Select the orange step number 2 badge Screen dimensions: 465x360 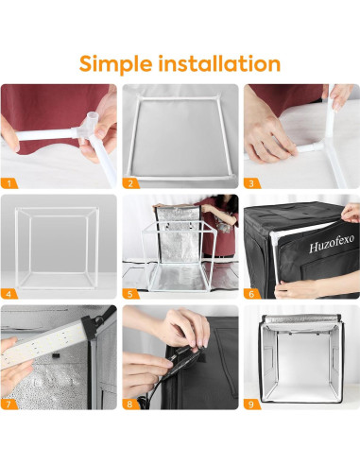(x=131, y=183)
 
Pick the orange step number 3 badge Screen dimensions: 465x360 (x=253, y=183)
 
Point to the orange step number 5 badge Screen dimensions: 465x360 (x=131, y=293)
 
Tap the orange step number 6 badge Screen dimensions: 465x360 (x=253, y=293)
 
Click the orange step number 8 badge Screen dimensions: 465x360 (x=131, y=404)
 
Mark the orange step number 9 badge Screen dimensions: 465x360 (x=253, y=404)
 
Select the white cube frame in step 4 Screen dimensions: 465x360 (x=57, y=246)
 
